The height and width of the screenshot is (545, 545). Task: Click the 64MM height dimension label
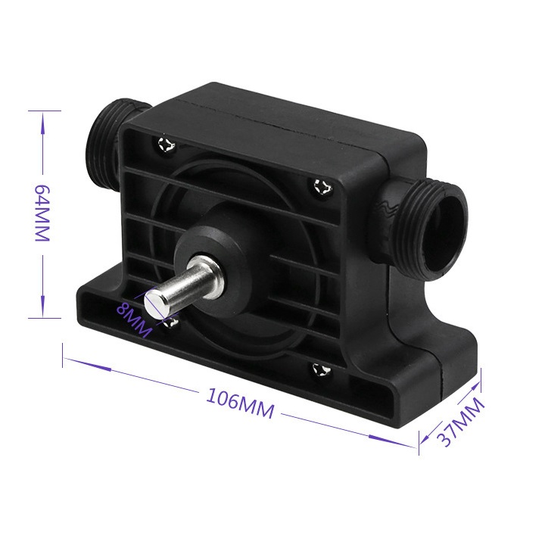coord(41,213)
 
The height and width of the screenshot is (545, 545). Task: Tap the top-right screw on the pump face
coord(320,188)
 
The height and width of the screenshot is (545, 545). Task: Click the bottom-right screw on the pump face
coord(319,370)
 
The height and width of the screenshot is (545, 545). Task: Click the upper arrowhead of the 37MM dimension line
coord(472,382)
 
